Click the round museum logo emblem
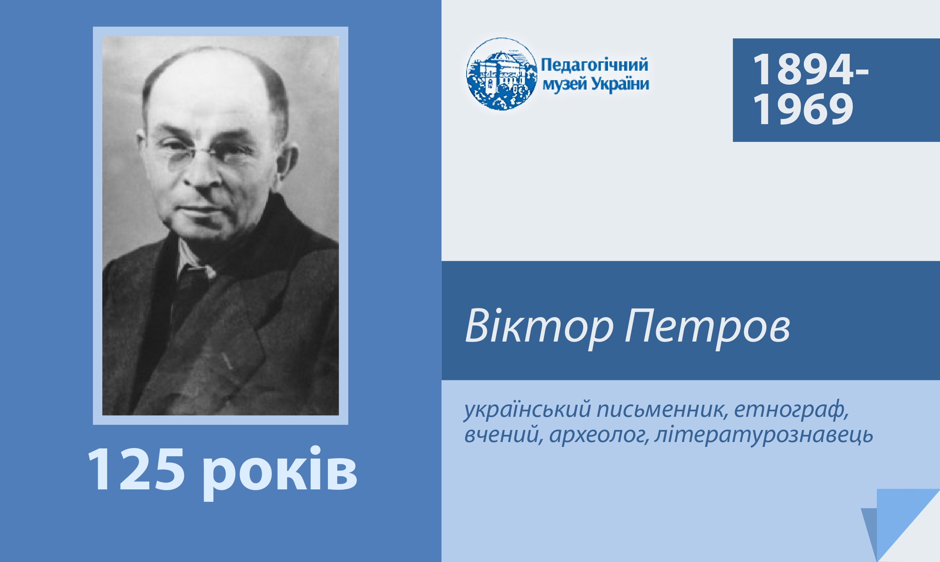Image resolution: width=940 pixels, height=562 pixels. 502,74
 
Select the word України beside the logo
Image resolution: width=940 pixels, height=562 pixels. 620,84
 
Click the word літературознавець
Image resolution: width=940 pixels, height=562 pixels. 763,434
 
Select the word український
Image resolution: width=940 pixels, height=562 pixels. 528,410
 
